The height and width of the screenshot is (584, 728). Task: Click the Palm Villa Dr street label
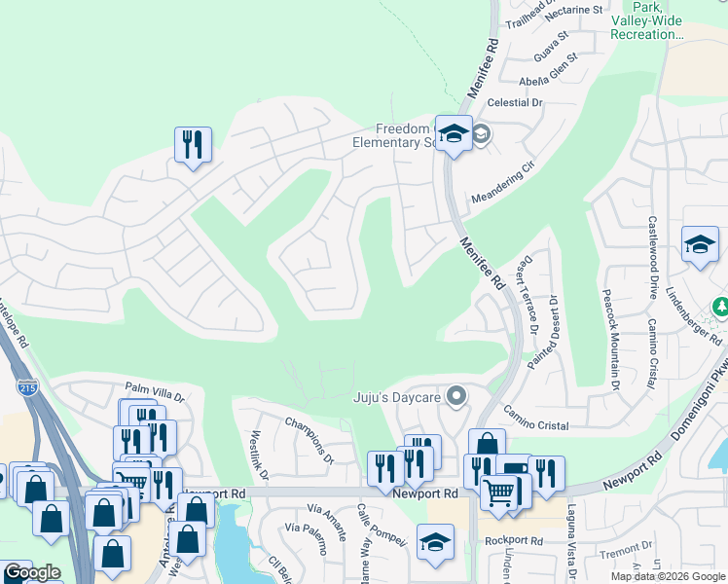click(x=154, y=395)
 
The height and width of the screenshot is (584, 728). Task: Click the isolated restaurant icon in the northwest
click(x=193, y=145)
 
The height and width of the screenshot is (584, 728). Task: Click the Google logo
click(x=31, y=573)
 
